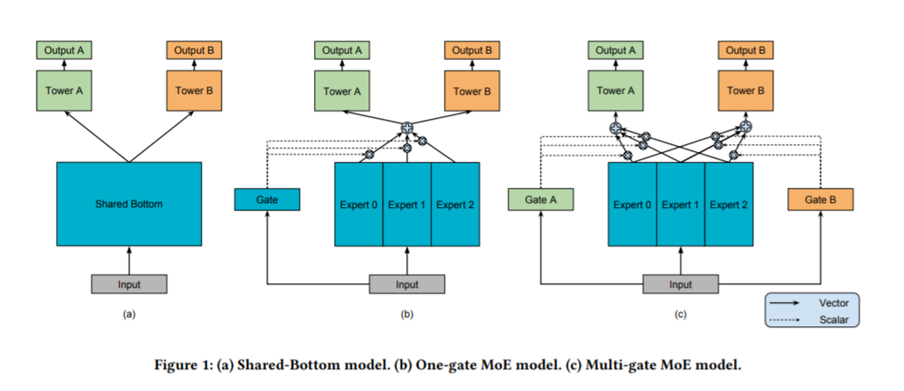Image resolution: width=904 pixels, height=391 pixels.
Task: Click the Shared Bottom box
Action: [129, 204]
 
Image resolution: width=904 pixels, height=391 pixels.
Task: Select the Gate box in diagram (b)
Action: [267, 200]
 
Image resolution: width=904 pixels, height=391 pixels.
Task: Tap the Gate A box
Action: [541, 200]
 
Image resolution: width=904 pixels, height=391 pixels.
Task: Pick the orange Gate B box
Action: [820, 200]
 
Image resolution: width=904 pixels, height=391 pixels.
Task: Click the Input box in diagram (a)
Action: [129, 284]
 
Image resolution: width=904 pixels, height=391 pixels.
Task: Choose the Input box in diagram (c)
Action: [681, 284]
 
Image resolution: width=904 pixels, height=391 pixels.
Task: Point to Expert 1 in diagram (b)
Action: [407, 205]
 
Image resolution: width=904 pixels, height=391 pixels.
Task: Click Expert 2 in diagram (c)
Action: [729, 205]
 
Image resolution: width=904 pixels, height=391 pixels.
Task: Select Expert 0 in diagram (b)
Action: [358, 205]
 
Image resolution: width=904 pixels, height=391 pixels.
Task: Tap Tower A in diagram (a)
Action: [64, 91]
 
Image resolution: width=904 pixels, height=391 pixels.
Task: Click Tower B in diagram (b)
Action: [472, 91]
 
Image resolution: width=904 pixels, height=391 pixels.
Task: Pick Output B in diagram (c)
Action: [746, 50]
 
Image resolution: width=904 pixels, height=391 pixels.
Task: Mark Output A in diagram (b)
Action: [342, 50]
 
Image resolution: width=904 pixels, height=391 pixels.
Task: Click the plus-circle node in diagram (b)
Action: [407, 128]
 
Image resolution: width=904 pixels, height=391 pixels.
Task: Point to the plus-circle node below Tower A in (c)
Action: [616, 128]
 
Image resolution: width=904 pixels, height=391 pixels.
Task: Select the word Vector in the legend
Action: [834, 303]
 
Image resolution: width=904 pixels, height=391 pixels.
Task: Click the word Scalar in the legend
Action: [834, 319]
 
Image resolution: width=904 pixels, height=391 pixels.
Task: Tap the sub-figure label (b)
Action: [407, 314]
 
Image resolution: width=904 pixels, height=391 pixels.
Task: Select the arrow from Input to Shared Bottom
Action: [129, 261]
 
